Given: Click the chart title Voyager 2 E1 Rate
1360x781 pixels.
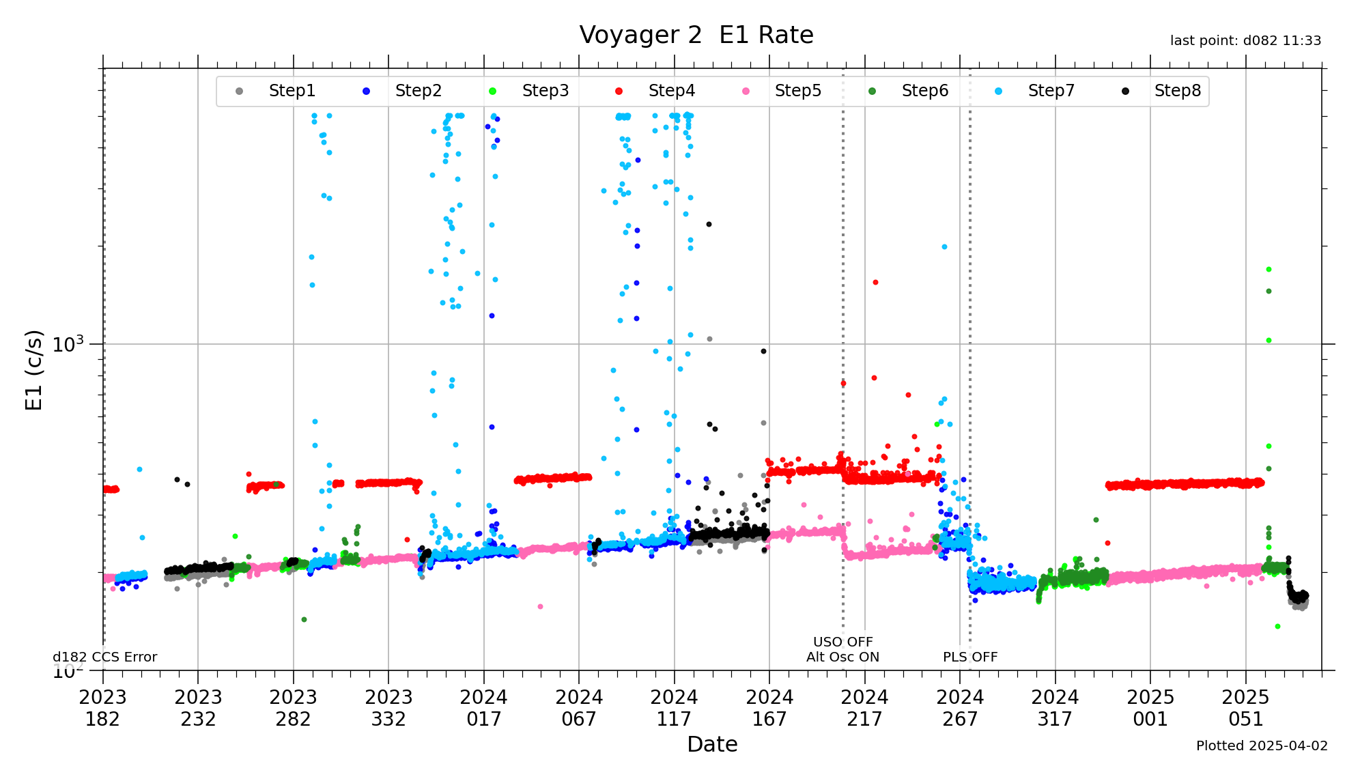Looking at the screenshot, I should (696, 35).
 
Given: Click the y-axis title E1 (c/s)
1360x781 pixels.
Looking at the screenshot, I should (34, 369).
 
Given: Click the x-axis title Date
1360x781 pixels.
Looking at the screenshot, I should (712, 744).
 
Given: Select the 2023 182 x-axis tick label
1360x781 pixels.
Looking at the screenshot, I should (103, 708).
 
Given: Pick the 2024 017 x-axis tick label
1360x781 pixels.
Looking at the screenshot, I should (484, 708).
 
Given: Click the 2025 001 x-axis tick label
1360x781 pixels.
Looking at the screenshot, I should (1150, 708).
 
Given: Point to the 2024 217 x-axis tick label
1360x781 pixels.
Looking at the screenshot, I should (864, 708).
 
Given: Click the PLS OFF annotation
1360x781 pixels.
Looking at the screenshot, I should (970, 657).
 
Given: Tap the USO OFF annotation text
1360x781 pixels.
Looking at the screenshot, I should (842, 642).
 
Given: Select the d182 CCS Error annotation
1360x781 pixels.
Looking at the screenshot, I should (105, 657).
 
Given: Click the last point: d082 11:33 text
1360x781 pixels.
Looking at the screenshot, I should (1245, 41).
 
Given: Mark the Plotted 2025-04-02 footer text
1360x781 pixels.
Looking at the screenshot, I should (1262, 745).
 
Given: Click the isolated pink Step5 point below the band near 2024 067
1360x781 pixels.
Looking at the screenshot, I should (540, 606).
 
